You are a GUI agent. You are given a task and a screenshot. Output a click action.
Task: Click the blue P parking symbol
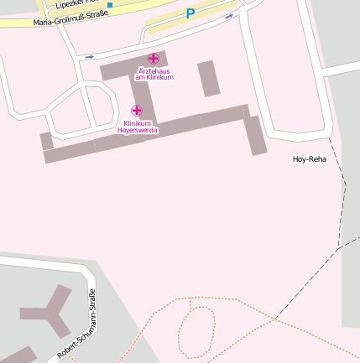[x=190, y=13]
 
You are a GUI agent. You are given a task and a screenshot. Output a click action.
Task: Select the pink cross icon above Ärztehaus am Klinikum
[x=153, y=58]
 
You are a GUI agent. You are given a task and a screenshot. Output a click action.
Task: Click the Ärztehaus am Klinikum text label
[x=154, y=75]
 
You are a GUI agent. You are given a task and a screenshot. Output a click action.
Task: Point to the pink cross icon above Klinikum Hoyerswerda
[x=137, y=111]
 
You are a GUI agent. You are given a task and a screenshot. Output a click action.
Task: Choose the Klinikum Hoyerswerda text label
[x=137, y=127]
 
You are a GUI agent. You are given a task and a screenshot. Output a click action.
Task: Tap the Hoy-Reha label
[x=309, y=158]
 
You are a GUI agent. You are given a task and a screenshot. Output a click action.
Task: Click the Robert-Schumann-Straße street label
[x=77, y=324]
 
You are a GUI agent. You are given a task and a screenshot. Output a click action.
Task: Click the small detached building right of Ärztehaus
[x=208, y=78]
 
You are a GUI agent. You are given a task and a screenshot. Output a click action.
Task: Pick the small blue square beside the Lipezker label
[x=110, y=5]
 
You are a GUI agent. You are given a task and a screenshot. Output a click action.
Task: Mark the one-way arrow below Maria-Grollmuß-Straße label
[x=90, y=57]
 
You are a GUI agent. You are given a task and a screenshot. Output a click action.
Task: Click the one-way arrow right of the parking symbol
[x=229, y=15]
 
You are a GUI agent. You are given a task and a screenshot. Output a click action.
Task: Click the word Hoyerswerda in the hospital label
[x=137, y=131]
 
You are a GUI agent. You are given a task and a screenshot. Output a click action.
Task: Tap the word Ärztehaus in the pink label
[x=154, y=71]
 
